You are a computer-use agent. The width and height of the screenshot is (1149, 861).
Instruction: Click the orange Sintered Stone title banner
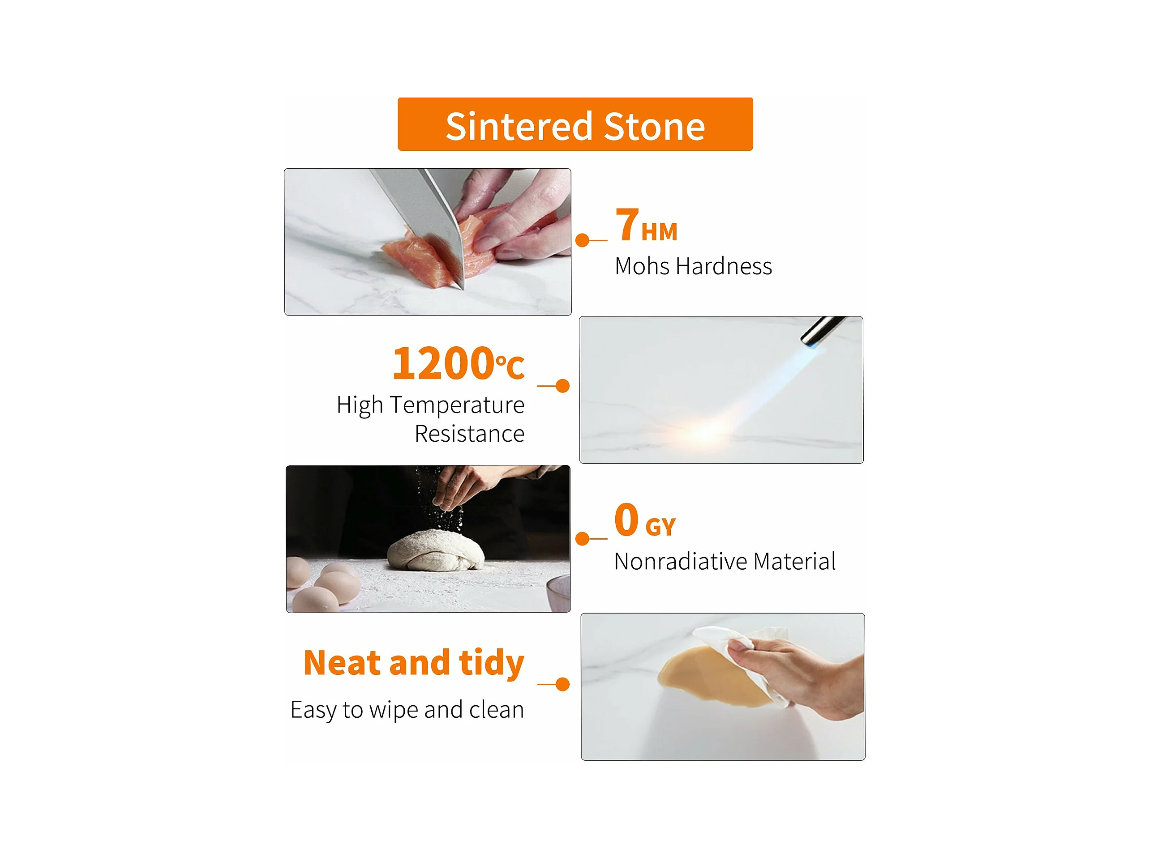[575, 124]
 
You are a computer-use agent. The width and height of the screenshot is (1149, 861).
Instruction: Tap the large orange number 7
[627, 224]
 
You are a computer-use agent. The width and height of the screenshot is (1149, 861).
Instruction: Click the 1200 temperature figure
[442, 363]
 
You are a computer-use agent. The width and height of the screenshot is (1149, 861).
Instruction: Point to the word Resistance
[470, 433]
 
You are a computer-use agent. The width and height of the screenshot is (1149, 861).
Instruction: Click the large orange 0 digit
[626, 520]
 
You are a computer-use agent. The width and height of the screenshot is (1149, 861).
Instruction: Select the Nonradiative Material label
[725, 561]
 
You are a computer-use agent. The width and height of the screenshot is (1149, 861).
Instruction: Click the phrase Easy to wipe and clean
[407, 709]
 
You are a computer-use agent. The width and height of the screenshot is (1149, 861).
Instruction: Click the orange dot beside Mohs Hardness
[582, 240]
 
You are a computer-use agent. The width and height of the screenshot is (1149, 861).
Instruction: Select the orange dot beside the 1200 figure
[562, 386]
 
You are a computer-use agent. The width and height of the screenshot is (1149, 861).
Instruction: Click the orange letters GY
[660, 527]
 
